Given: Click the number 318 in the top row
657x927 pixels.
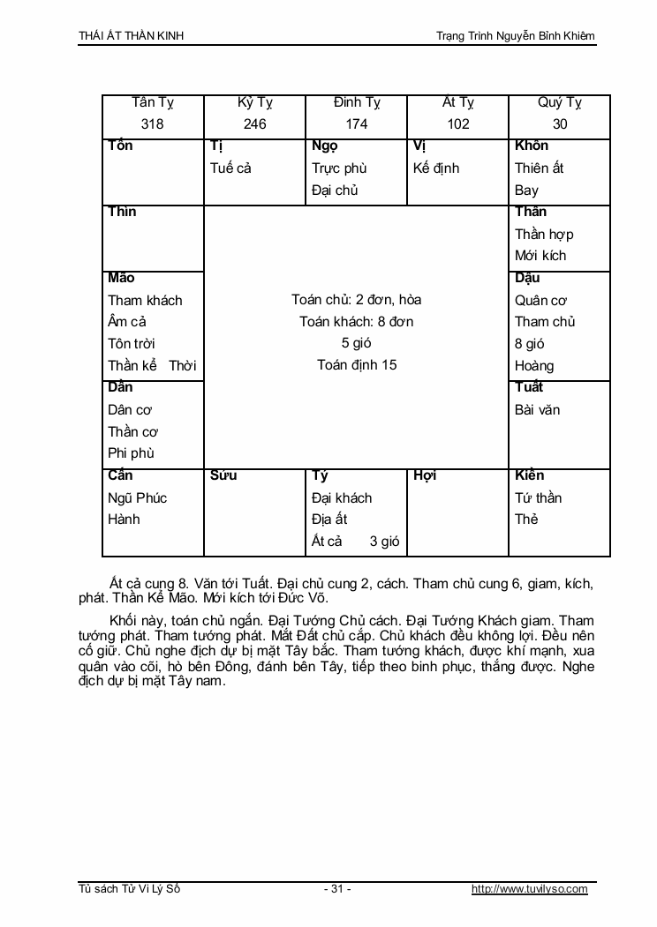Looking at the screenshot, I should pyautogui.click(x=153, y=124).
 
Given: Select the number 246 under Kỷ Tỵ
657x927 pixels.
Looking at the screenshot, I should pyautogui.click(x=254, y=124).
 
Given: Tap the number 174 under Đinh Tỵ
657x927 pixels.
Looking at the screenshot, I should pyautogui.click(x=357, y=124).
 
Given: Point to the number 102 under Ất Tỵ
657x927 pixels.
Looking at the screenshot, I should pyautogui.click(x=458, y=124).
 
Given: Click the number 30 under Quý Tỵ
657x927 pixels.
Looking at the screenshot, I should pyautogui.click(x=560, y=124).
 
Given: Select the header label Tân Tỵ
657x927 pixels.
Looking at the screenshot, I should pyautogui.click(x=153, y=102).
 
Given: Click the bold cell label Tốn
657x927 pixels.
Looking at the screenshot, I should pyautogui.click(x=120, y=146).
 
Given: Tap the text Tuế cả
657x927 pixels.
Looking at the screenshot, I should pyautogui.click(x=230, y=168).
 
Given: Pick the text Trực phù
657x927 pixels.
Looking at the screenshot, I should pyautogui.click(x=339, y=168).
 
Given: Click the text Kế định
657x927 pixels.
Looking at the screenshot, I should pyautogui.click(x=436, y=168).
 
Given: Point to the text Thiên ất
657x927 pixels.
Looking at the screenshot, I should pyautogui.click(x=539, y=168).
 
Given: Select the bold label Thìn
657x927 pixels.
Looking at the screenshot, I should pyautogui.click(x=122, y=212).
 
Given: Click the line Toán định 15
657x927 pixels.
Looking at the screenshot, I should pyautogui.click(x=357, y=364).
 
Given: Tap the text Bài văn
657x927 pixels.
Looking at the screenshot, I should pyautogui.click(x=537, y=409).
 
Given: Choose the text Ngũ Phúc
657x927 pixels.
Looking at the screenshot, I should pyautogui.click(x=137, y=497).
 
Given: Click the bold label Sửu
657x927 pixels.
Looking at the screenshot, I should pyautogui.click(x=223, y=475).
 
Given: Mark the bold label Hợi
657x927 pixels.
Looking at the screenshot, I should pyautogui.click(x=425, y=475).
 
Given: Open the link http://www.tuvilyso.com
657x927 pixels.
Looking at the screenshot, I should pyautogui.click(x=529, y=889).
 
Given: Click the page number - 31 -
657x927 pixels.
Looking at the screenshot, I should pyautogui.click(x=337, y=889).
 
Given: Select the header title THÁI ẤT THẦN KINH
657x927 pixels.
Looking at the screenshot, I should pyautogui.click(x=132, y=36).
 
